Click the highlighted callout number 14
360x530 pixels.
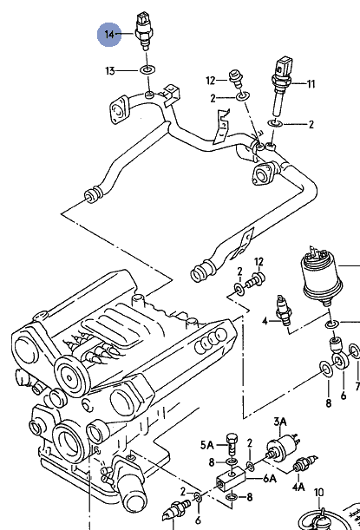pyautogui.click(x=109, y=35)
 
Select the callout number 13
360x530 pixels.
pyautogui.click(x=110, y=71)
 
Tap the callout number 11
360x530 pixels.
pyautogui.click(x=311, y=84)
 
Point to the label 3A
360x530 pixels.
pyautogui.click(x=280, y=422)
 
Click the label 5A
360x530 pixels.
pyautogui.click(x=207, y=445)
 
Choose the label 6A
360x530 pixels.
pyautogui.click(x=270, y=478)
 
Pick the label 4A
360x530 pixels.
pyautogui.click(x=298, y=487)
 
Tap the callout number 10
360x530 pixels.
pyautogui.click(x=319, y=493)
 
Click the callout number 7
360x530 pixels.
pyautogui.click(x=357, y=386)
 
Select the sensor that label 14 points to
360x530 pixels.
pyautogui.click(x=144, y=30)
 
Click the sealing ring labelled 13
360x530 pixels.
pyautogui.click(x=147, y=70)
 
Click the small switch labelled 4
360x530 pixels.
pyautogui.click(x=283, y=311)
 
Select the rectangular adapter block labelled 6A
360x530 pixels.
pyautogui.click(x=231, y=480)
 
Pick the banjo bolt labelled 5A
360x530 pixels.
pyautogui.click(x=232, y=443)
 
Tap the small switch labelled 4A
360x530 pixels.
pyautogui.click(x=304, y=464)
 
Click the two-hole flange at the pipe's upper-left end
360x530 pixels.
pyautogui.click(x=119, y=110)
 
